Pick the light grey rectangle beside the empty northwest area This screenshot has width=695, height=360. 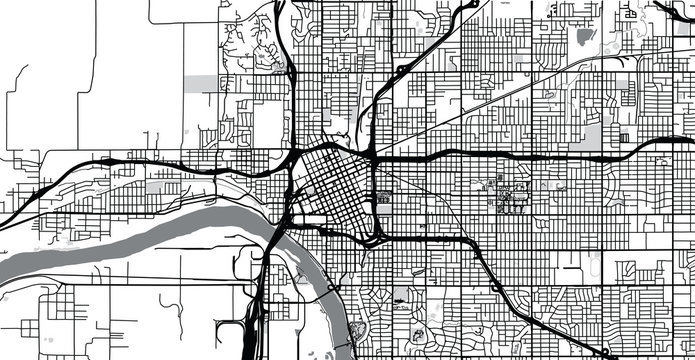coord(200,82)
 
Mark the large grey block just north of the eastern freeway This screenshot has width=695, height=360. coord(592,136)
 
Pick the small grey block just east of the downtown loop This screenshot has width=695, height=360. coord(383,198)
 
